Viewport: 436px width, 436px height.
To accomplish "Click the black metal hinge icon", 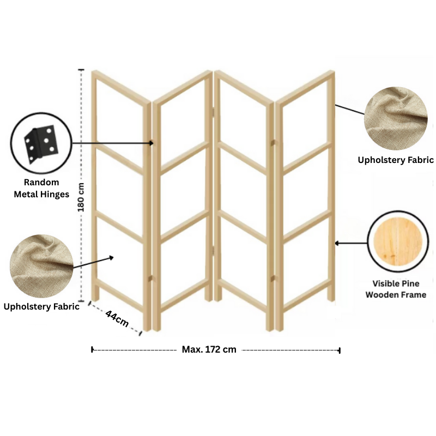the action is click(x=41, y=144).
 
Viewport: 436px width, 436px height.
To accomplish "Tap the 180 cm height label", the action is click(x=81, y=197).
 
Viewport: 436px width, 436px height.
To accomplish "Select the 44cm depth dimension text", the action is click(x=117, y=319).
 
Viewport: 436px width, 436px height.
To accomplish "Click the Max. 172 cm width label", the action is click(x=209, y=349).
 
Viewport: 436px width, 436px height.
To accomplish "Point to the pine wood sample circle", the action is click(x=398, y=241).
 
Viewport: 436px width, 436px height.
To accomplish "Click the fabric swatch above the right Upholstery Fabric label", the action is click(x=396, y=118).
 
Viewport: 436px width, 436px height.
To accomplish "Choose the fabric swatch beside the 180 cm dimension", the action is click(x=42, y=266).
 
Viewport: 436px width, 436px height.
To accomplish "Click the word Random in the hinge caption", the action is click(x=41, y=182).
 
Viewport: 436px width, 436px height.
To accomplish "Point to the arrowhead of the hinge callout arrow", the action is click(x=152, y=143).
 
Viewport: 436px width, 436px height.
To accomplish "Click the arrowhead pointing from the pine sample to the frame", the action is click(x=337, y=243).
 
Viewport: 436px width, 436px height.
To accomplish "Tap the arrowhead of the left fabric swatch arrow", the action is click(x=111, y=258).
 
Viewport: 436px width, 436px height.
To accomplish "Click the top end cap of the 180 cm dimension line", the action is click(x=81, y=70).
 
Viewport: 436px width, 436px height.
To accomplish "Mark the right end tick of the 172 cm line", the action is click(x=340, y=350).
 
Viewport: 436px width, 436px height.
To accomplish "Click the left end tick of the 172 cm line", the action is click(x=92, y=349).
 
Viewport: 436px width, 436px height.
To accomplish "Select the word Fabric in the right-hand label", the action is click(x=420, y=160).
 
